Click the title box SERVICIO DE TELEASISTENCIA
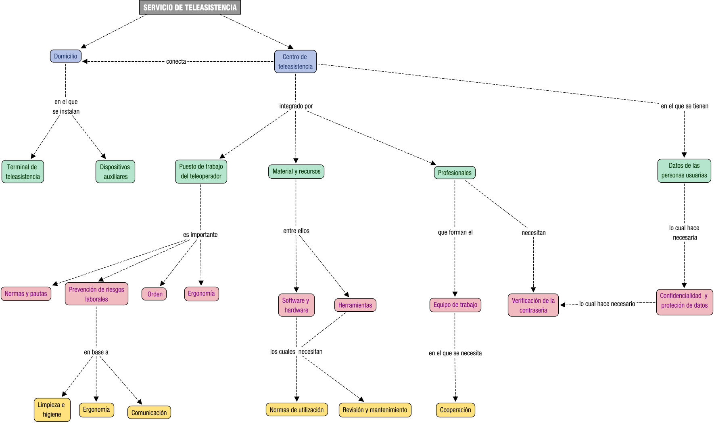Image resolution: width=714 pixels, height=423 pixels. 190,8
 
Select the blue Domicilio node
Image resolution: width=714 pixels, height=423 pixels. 66,56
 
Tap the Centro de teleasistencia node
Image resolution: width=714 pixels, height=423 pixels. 295,62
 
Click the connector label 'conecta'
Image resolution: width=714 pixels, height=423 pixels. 176,62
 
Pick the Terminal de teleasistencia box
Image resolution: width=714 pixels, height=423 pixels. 23,172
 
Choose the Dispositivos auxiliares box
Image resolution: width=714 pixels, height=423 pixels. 115,172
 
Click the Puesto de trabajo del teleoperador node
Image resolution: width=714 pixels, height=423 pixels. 201,171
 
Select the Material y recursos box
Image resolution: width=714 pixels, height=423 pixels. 296,171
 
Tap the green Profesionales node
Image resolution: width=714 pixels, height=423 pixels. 455,173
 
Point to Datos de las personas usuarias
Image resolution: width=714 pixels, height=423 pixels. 684,171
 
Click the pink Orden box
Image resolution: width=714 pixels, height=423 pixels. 154,294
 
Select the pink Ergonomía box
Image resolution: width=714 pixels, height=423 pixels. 201,294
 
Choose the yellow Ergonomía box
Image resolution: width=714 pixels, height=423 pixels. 96,410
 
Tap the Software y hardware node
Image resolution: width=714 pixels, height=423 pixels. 296,305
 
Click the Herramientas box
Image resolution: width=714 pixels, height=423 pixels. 355,305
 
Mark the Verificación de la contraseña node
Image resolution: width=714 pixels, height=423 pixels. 533,305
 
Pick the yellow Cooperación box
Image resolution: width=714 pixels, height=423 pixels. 455,410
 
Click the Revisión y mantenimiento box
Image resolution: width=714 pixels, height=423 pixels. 375,410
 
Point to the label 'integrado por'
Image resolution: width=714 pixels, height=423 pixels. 296,106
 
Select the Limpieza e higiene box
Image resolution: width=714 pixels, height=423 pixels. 52,410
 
